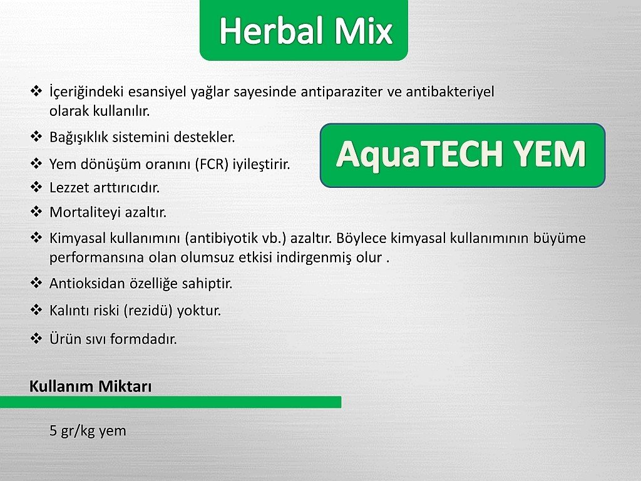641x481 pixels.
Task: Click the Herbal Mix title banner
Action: [304, 29]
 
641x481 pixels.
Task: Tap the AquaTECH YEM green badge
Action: [463, 155]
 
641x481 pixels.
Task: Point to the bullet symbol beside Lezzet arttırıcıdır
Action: [36, 187]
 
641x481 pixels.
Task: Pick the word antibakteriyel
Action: [450, 91]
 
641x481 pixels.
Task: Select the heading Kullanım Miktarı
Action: [90, 386]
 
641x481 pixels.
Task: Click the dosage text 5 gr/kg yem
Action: [88, 431]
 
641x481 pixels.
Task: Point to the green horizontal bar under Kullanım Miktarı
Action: [170, 402]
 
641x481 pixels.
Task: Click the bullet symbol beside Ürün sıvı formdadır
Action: [36, 338]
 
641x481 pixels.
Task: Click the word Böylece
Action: [361, 238]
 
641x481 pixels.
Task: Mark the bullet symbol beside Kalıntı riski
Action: [36, 309]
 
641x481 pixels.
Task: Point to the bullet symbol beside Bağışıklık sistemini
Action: [36, 136]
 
